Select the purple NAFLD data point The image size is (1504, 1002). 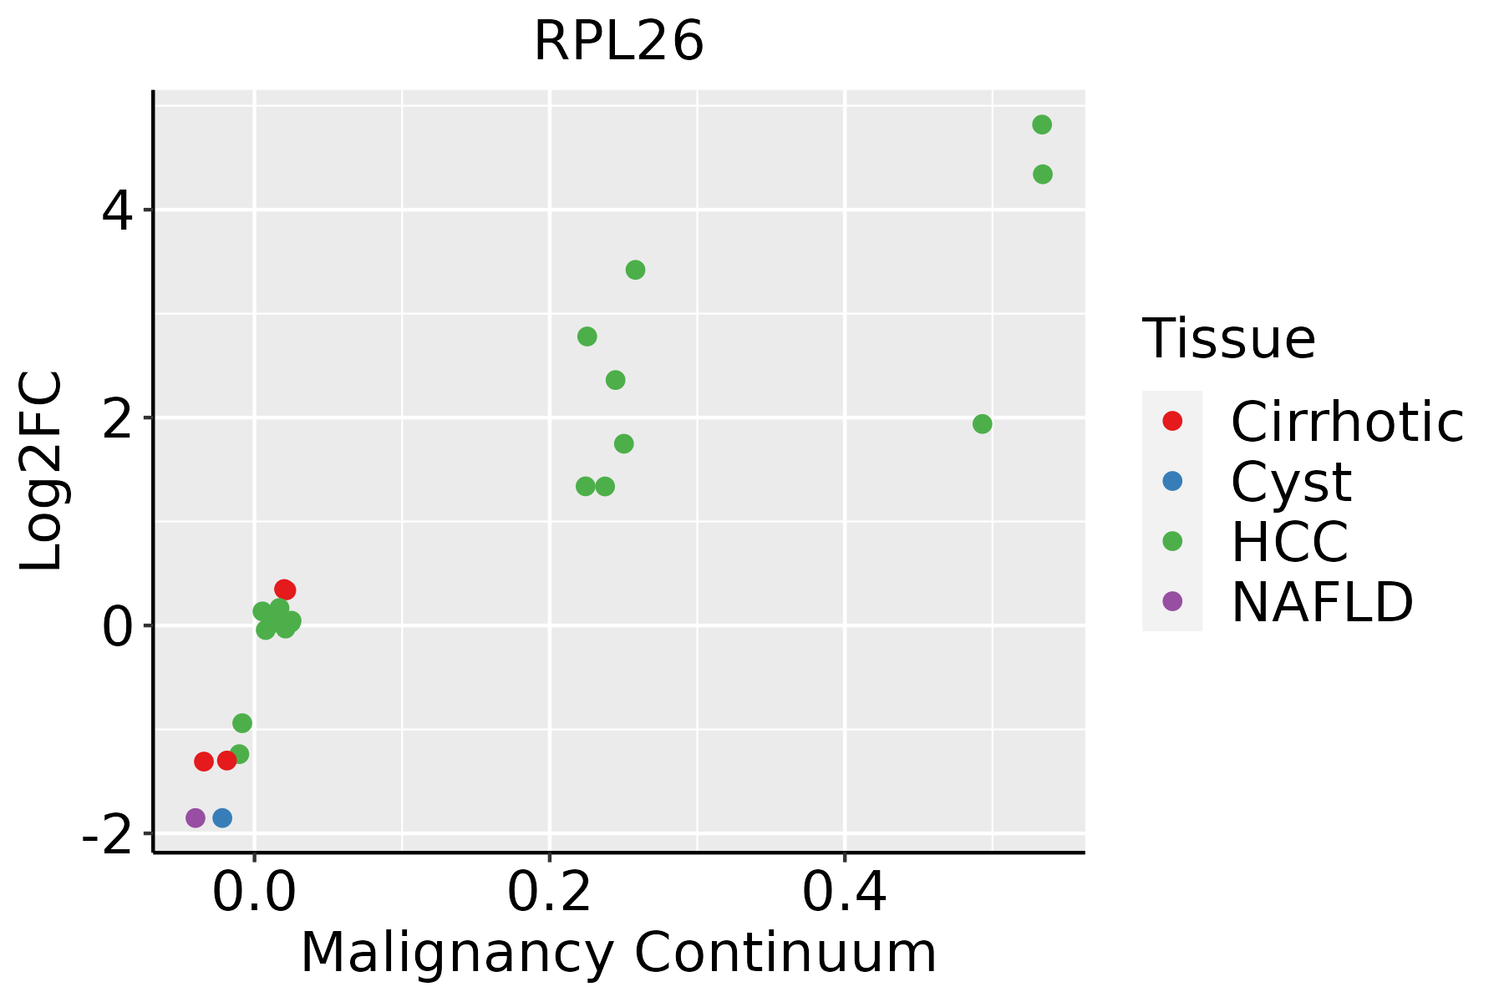pos(196,817)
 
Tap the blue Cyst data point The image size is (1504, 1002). pos(222,817)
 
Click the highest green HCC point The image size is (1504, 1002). pos(1042,124)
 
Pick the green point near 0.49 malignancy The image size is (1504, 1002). pos(983,424)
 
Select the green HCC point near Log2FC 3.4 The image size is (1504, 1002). pos(636,270)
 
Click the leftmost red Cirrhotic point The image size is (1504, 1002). pos(204,761)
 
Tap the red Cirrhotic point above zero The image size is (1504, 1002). pos(285,590)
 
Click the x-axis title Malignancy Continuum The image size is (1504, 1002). pos(618,953)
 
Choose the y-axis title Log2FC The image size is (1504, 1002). pos(42,472)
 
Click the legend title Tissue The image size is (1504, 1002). pos(1228,339)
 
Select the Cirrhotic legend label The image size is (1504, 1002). pos(1347,422)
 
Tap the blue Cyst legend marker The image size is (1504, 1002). pos(1172,481)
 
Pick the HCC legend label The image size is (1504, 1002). pos(1289,541)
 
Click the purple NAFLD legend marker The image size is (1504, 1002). pos(1172,601)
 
